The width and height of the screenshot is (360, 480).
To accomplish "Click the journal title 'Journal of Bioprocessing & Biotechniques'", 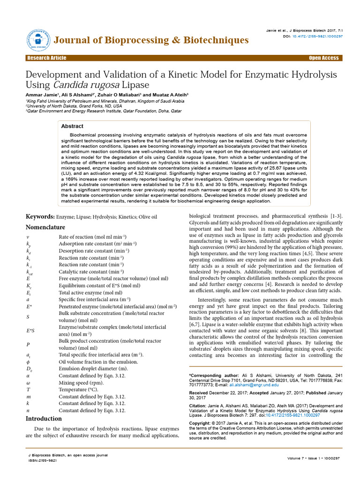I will pos(151,40).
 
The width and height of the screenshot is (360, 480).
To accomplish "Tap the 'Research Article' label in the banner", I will pos(47,58).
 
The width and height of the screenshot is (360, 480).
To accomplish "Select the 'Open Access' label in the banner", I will pos(323,58).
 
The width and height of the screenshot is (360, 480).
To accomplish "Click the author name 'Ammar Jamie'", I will pos(40,94).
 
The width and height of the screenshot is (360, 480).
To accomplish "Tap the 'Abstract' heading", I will pos(73,126).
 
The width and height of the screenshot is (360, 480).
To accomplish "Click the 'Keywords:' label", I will pos(40,217).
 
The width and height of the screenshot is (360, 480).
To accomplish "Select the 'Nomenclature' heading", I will pos(45,227).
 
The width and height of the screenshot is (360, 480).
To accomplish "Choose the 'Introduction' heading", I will pos(44,418).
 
